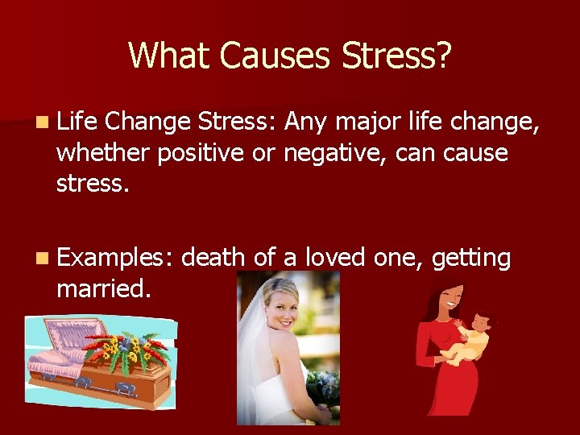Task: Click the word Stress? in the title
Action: point(396,55)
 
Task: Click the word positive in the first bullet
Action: point(202,152)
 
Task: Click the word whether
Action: point(102,152)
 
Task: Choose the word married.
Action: point(103,288)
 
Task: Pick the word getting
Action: point(471,259)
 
